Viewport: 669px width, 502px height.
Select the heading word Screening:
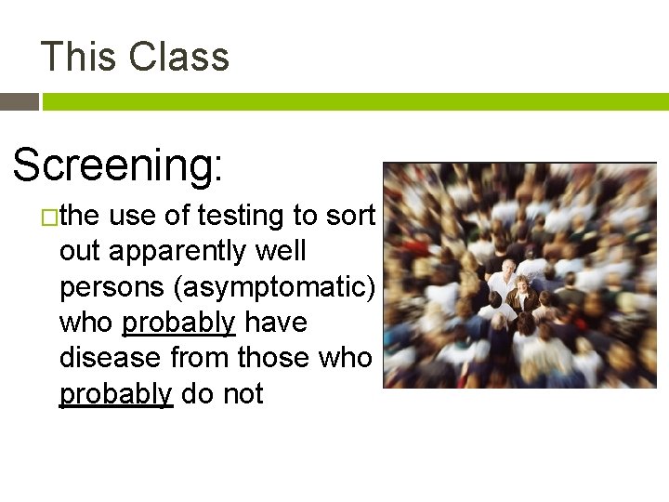coord(118,165)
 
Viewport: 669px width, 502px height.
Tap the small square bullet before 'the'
coord(49,218)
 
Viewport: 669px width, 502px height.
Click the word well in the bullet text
coord(279,251)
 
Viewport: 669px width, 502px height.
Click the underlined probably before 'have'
coord(179,324)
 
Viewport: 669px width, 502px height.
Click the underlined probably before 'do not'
coord(116,394)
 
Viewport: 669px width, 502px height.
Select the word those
coord(277,358)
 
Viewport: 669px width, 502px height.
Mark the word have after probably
coord(276,323)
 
